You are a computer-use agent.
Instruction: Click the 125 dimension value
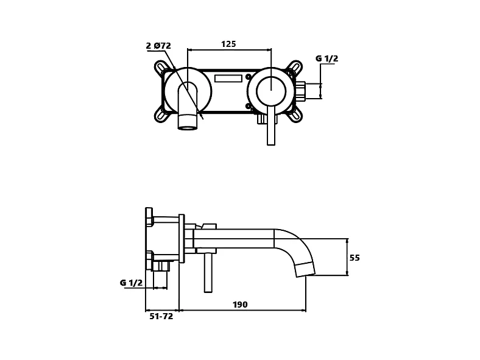228,44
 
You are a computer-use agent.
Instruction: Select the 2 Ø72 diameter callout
158,46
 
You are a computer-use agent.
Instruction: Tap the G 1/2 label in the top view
327,58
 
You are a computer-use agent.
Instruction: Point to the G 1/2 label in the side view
131,283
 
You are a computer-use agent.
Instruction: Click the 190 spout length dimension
240,305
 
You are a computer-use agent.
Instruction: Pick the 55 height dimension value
355,258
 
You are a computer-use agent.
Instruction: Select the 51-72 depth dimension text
161,316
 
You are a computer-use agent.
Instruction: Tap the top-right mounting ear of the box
295,66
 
